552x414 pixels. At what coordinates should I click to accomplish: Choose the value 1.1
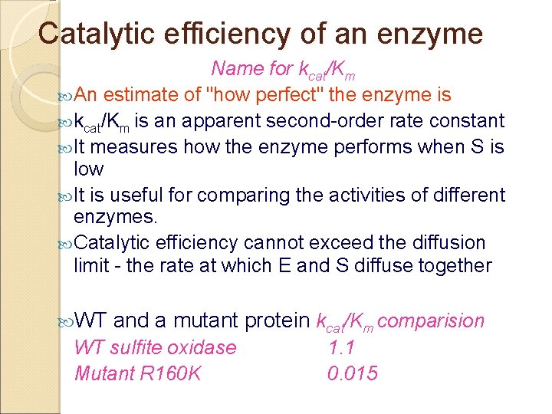tap(341, 348)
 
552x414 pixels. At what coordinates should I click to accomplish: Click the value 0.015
tap(353, 373)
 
